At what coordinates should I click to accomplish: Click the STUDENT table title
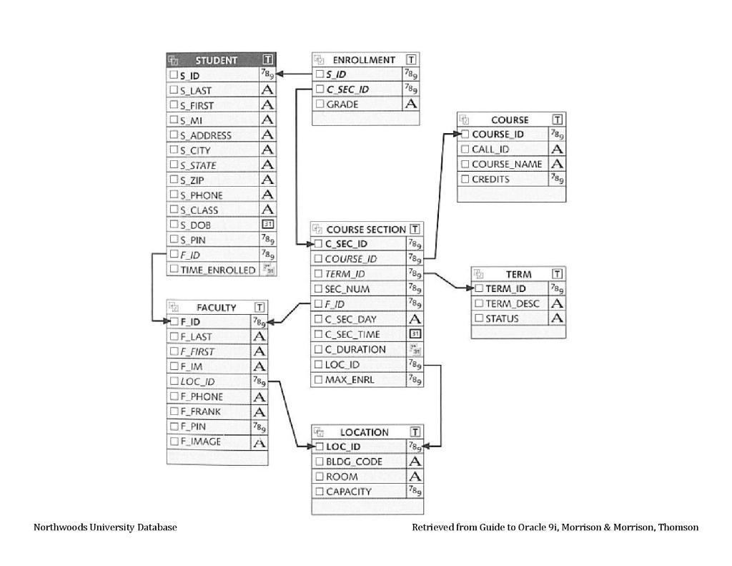(216, 60)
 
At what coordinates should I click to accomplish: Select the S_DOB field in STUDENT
(195, 225)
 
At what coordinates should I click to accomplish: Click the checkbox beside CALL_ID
(465, 150)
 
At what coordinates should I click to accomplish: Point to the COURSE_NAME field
(506, 165)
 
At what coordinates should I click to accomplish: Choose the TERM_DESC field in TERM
(512, 304)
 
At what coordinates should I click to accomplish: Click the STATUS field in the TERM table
(502, 319)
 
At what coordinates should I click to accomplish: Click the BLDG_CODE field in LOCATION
(354, 462)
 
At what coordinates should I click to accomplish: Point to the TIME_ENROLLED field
(217, 270)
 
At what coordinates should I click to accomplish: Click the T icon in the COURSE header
(557, 119)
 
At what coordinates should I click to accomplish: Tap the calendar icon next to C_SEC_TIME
(414, 334)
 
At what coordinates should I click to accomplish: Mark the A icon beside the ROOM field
(414, 477)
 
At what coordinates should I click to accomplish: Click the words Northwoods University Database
(105, 527)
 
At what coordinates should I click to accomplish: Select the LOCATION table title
(364, 432)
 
